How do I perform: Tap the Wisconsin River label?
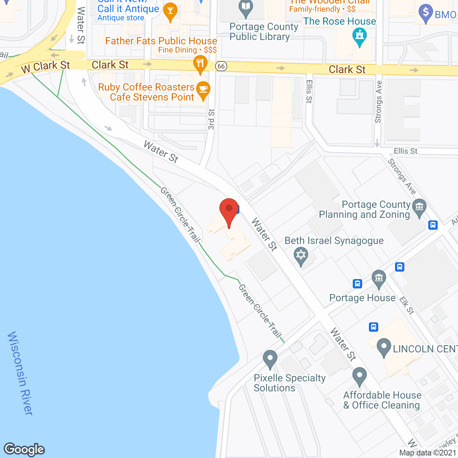click(21, 373)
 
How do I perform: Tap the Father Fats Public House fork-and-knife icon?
click(200, 64)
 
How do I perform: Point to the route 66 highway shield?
click(221, 66)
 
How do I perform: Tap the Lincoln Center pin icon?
click(384, 347)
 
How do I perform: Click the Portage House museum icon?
click(379, 278)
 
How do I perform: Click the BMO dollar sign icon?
click(425, 13)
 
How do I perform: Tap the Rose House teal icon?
click(360, 36)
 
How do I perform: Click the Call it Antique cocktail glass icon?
click(170, 11)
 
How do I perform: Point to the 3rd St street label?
click(211, 119)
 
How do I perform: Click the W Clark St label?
click(45, 67)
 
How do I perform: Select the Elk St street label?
click(407, 306)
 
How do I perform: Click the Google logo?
click(24, 449)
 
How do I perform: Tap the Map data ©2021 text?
click(428, 453)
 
